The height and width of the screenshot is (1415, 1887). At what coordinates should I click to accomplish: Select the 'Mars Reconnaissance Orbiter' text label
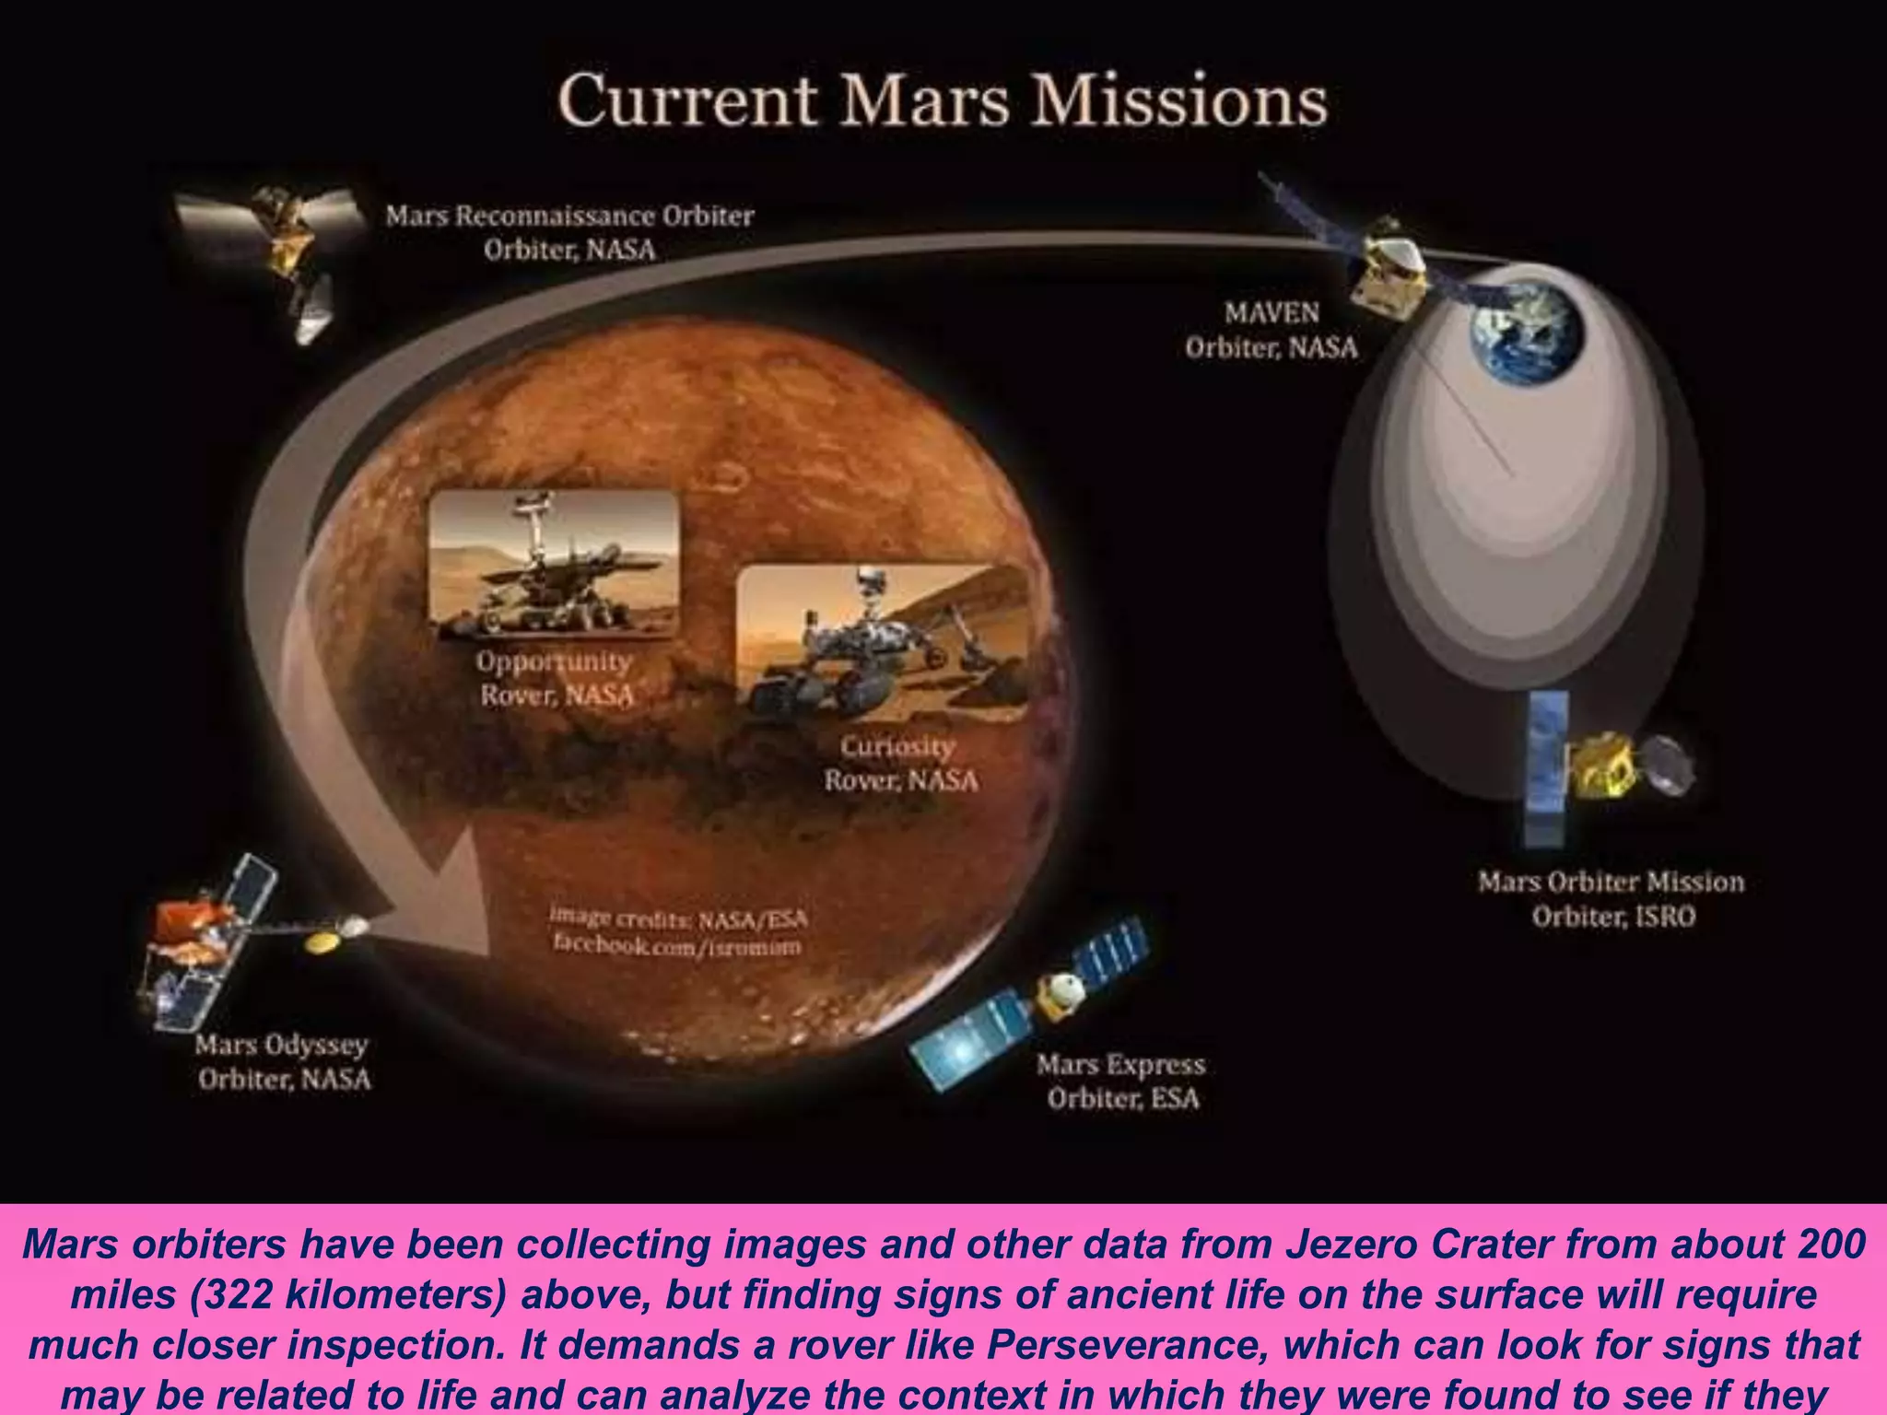coord(569,216)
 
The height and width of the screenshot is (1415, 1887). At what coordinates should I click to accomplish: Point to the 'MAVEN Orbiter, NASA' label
coord(1272,330)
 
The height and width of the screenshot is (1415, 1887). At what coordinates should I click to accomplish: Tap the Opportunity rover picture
coord(555,564)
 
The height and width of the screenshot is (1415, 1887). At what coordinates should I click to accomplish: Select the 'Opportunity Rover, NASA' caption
coord(556,678)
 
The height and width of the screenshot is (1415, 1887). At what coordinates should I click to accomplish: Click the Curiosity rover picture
coord(882,643)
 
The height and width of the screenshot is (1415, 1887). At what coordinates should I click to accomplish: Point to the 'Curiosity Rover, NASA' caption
coord(900,764)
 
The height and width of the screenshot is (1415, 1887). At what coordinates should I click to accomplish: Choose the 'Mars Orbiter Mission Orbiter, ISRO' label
coord(1612,899)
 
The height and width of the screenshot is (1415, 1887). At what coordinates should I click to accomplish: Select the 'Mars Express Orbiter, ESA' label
coord(1121,1082)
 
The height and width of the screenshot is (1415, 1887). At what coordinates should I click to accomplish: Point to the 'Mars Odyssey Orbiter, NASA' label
coord(283,1062)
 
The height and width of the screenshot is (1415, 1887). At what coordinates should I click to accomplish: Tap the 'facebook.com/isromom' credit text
coord(677,945)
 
